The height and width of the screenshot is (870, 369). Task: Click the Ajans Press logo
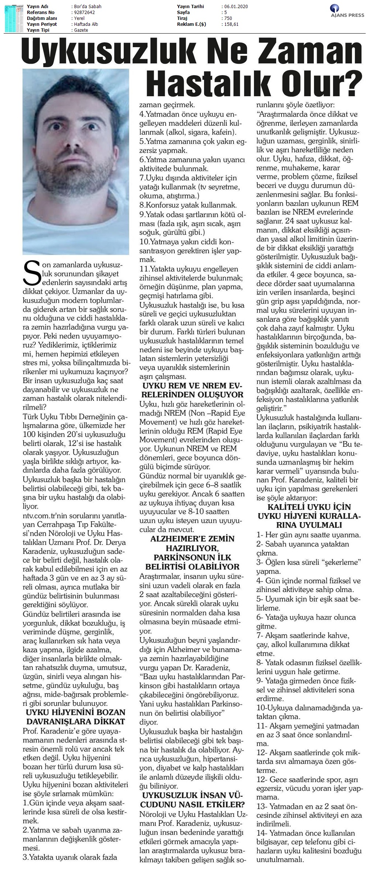click(347, 11)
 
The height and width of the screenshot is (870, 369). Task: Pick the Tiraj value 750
click(228, 18)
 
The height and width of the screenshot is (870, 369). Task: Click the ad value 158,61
click(231, 24)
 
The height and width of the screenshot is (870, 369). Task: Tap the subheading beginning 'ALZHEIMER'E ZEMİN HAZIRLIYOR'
click(192, 552)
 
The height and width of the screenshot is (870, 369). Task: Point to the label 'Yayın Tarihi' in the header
click(190, 7)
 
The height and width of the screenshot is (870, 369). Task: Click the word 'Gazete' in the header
click(80, 30)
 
